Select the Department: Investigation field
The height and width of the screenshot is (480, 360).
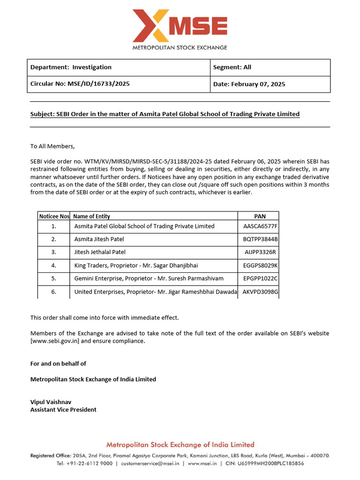point(71,67)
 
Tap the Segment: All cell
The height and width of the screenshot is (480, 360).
point(232,67)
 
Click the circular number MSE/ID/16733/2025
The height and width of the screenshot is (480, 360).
point(80,84)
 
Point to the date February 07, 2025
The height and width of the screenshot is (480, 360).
point(249,84)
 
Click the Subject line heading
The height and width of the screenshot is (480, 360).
point(165,114)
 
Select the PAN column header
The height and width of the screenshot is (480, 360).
point(260,216)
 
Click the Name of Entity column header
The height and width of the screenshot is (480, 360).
point(92,216)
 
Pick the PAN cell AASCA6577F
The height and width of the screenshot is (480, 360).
point(261,226)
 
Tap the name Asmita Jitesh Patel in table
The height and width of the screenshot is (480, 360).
point(99,239)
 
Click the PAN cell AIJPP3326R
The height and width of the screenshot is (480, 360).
point(261,252)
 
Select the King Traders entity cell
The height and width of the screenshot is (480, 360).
point(136,265)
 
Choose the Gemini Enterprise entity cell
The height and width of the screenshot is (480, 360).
point(149,278)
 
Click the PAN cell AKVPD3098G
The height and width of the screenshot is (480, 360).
point(261,292)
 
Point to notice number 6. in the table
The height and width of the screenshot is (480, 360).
point(54,292)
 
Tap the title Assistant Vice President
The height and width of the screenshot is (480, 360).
point(63,410)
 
